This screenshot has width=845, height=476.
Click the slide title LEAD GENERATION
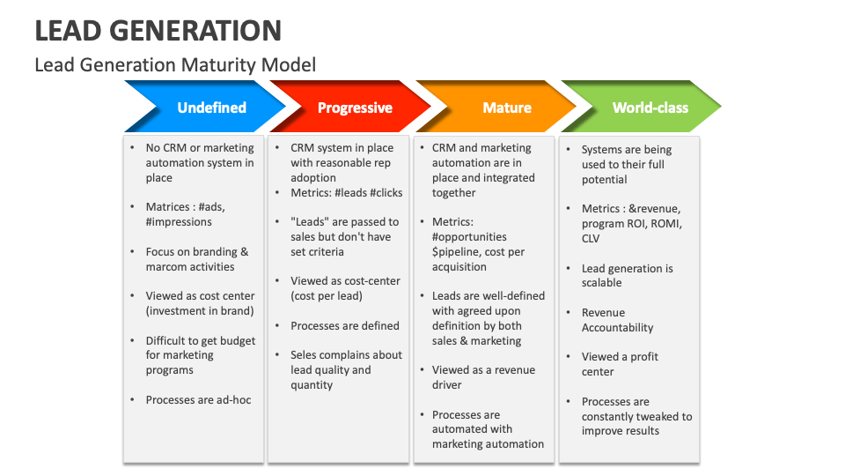(x=158, y=30)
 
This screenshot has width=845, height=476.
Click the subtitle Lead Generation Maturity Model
(x=175, y=64)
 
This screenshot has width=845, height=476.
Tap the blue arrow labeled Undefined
(x=211, y=108)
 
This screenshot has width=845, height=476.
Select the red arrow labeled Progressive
(x=354, y=108)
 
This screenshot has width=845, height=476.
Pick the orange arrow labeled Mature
(x=506, y=108)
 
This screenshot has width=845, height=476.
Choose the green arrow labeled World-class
(x=650, y=108)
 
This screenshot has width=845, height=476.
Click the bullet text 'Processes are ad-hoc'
(x=198, y=400)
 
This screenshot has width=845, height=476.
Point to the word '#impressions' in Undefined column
(x=179, y=222)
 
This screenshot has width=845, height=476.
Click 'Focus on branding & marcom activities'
(x=196, y=259)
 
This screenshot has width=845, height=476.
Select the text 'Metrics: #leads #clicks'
(x=346, y=192)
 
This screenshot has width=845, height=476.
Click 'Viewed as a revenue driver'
(x=483, y=377)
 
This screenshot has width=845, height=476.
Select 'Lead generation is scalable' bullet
(x=627, y=275)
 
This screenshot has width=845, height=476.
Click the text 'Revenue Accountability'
(x=617, y=320)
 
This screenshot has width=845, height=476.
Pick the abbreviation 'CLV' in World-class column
(x=591, y=238)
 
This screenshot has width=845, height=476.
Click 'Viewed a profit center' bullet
(x=620, y=364)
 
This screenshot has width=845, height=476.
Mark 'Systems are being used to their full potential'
(x=626, y=165)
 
